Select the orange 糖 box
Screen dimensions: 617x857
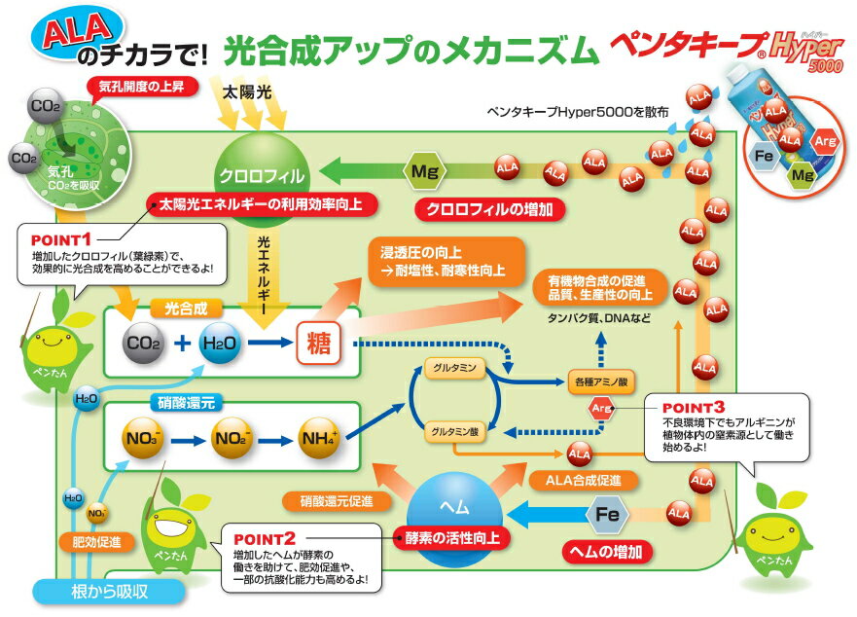point(316,343)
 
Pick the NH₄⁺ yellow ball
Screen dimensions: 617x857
point(321,436)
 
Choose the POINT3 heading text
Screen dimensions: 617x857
point(693,407)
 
